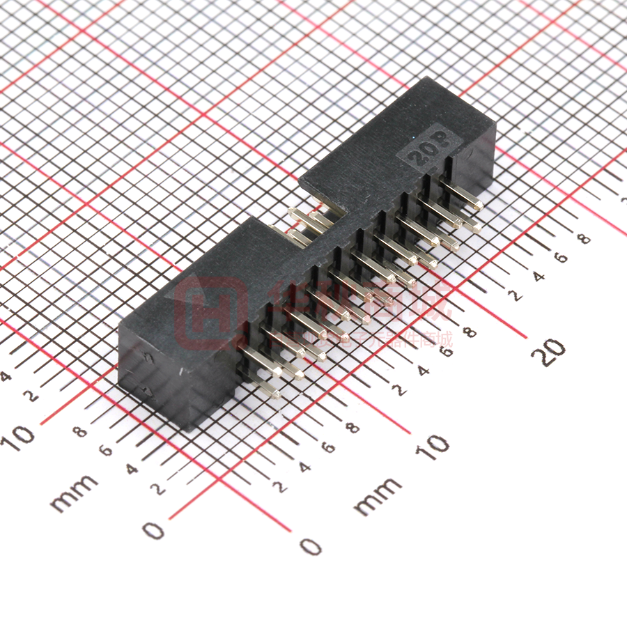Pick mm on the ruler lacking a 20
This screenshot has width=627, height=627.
point(73,493)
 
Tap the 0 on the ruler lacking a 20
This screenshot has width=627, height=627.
point(153,530)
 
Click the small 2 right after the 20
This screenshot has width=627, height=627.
point(516,296)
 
